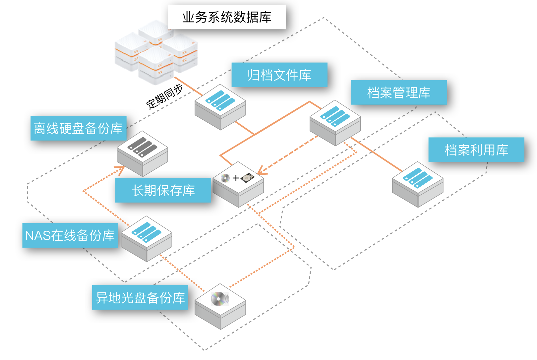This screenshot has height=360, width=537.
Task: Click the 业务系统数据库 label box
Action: [x=227, y=17]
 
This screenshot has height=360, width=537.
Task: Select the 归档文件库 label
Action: [x=279, y=75]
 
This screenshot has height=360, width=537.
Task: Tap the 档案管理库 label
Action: [x=399, y=92]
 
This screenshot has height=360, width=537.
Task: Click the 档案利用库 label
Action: [x=476, y=150]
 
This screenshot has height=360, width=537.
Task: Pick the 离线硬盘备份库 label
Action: [x=79, y=128]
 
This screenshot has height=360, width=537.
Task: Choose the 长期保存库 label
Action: [x=163, y=190]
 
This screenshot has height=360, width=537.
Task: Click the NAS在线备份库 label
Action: [x=70, y=235]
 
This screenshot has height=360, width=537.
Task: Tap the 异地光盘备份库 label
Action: [x=140, y=297]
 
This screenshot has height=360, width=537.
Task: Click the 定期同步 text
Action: [x=164, y=96]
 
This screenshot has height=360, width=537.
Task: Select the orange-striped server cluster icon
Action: [x=156, y=53]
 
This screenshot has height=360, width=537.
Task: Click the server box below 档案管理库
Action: [x=335, y=123]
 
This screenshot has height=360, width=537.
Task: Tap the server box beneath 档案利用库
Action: [x=418, y=184]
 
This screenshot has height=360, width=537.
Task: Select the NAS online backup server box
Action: [x=146, y=238]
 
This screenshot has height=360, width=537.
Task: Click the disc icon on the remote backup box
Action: [x=219, y=299]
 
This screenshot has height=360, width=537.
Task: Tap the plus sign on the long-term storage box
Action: [x=236, y=178]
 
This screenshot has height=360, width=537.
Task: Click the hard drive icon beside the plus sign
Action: [x=248, y=178]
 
